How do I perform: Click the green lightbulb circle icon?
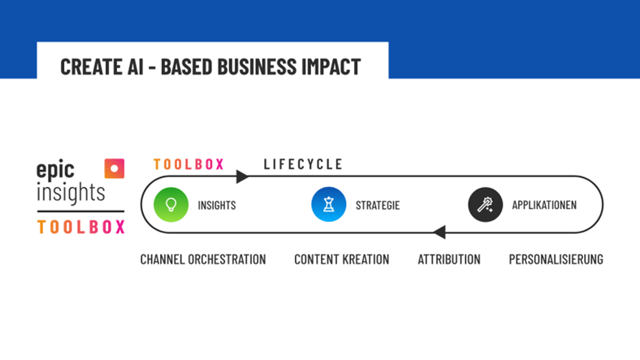pyautogui.click(x=171, y=205)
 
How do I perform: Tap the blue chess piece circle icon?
pyautogui.click(x=329, y=204)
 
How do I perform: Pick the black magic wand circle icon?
pyautogui.click(x=485, y=205)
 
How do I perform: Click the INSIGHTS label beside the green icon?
pyautogui.click(x=217, y=205)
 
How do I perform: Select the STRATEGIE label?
pyautogui.click(x=378, y=205)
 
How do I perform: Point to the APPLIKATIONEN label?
pyautogui.click(x=545, y=205)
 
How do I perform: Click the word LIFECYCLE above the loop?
pyautogui.click(x=303, y=164)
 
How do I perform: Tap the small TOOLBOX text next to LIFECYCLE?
pyautogui.click(x=189, y=164)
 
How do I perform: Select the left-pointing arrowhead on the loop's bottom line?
pyautogui.click(x=439, y=231)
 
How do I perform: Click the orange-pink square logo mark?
pyautogui.click(x=114, y=169)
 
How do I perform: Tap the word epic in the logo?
pyautogui.click(x=55, y=170)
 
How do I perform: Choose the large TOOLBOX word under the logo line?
pyautogui.click(x=81, y=227)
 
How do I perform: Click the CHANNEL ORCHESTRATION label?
pyautogui.click(x=203, y=259)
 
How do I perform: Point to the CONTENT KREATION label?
pyautogui.click(x=342, y=259)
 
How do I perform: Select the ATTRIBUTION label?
pyautogui.click(x=449, y=259)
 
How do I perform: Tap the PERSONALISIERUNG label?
pyautogui.click(x=556, y=259)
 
